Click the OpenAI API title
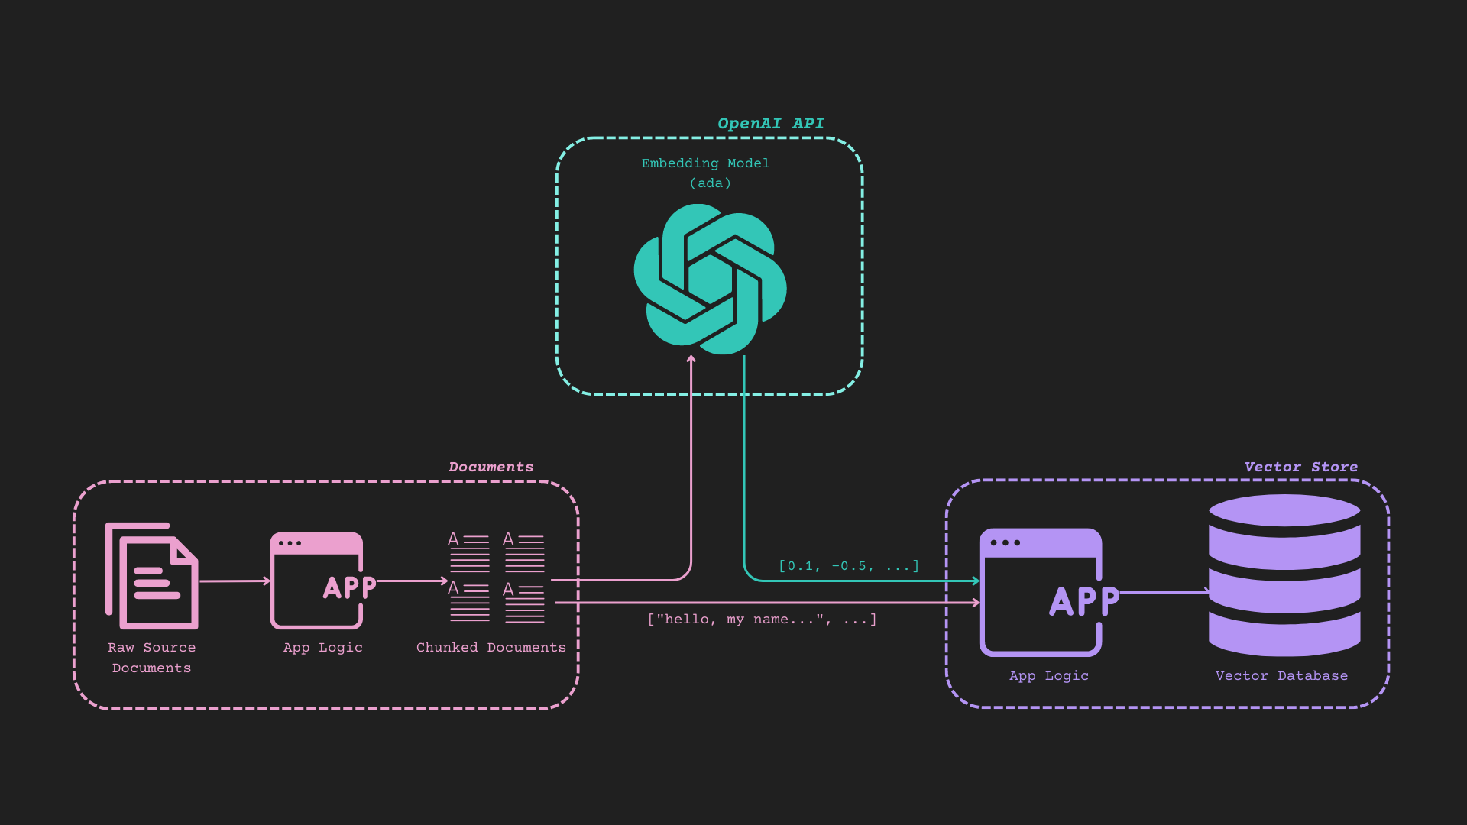point(770,124)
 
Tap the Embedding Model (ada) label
point(706,173)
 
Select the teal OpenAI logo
point(710,279)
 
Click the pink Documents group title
point(491,467)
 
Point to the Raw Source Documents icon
point(152,576)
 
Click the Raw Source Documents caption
point(152,657)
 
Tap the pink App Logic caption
point(322,648)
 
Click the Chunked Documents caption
point(491,648)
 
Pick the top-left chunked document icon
point(468,552)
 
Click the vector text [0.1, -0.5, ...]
point(848,566)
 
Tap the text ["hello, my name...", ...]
point(762,620)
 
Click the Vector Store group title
point(1300,467)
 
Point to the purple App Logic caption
point(1048,676)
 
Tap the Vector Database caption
point(1281,676)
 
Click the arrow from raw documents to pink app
point(235,581)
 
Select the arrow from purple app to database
point(1164,592)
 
